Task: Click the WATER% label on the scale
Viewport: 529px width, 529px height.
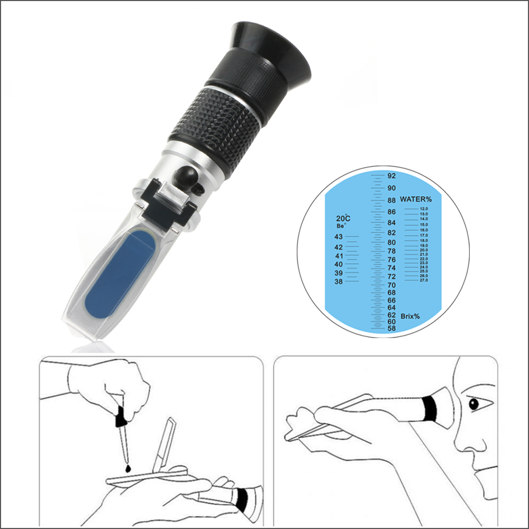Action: click(x=416, y=199)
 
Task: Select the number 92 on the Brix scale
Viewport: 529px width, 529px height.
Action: click(x=392, y=176)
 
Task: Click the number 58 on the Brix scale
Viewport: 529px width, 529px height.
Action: click(x=392, y=328)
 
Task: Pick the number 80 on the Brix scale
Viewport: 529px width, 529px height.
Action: click(x=392, y=242)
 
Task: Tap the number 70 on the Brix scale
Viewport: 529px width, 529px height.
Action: click(x=392, y=285)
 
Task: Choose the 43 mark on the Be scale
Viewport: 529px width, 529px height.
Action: click(x=339, y=236)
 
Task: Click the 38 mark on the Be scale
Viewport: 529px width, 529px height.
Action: click(x=338, y=281)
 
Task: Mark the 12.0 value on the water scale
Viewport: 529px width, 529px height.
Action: click(x=424, y=209)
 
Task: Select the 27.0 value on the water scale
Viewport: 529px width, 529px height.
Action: click(x=424, y=280)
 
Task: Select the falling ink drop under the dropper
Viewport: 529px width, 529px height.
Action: click(x=127, y=469)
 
